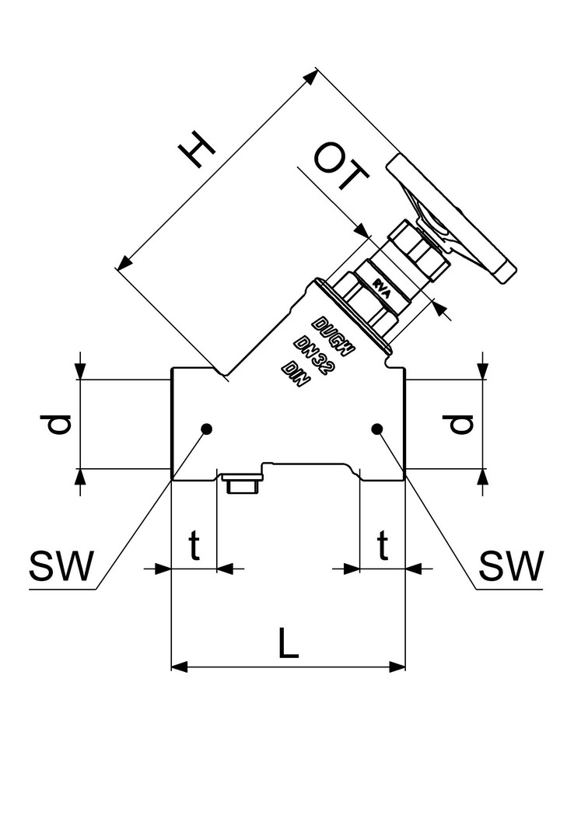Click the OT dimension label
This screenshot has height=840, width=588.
pyautogui.click(x=341, y=166)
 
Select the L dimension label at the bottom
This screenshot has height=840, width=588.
pyautogui.click(x=288, y=643)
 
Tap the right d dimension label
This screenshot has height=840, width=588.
pyautogui.click(x=461, y=425)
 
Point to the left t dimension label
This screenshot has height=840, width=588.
pyautogui.click(x=194, y=544)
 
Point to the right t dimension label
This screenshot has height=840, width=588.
pyautogui.click(x=383, y=544)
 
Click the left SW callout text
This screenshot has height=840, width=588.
pyautogui.click(x=61, y=566)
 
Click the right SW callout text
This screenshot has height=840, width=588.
pyautogui.click(x=511, y=565)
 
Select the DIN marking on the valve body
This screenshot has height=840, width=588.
pyautogui.click(x=296, y=374)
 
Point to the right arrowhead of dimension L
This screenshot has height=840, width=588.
pyautogui.click(x=397, y=667)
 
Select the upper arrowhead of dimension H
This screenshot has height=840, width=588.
pyautogui.click(x=310, y=76)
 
